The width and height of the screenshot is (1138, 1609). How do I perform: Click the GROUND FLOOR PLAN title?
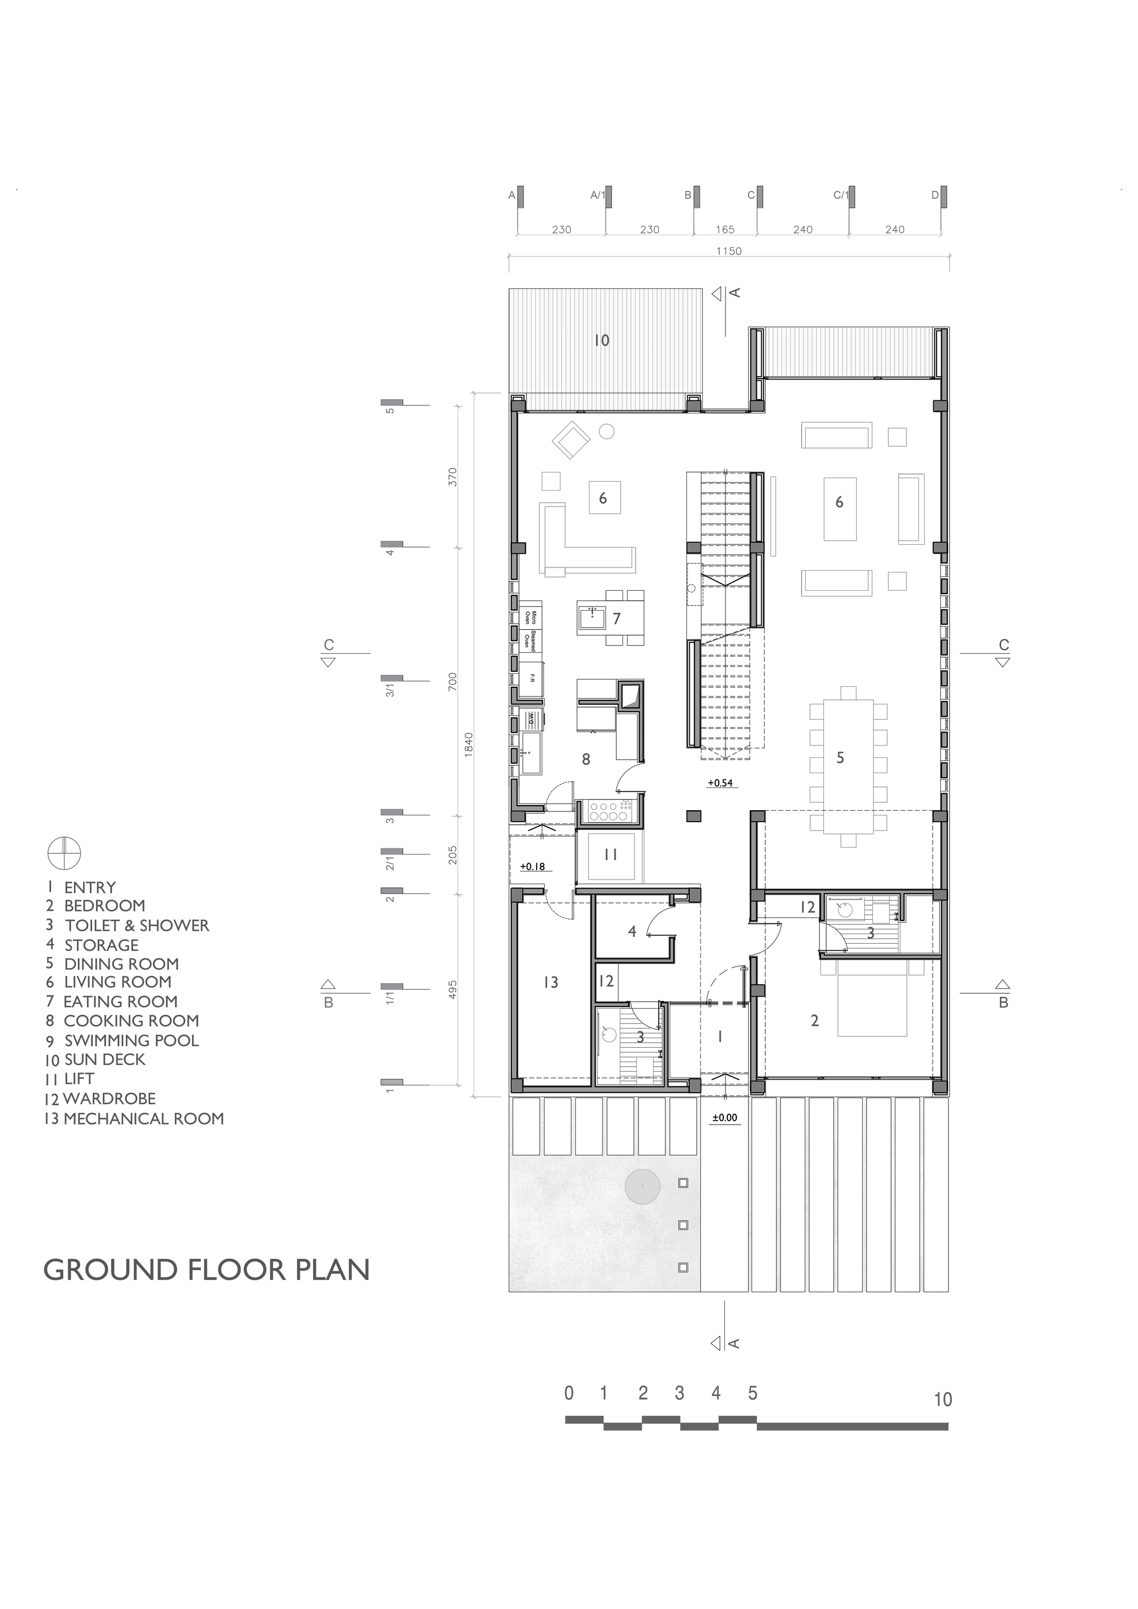(207, 1270)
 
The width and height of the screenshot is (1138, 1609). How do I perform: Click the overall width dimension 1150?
(728, 251)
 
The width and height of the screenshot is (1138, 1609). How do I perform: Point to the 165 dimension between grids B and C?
(725, 229)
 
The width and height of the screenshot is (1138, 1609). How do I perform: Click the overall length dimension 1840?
(469, 744)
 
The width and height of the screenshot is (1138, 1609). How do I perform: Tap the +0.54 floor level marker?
(721, 783)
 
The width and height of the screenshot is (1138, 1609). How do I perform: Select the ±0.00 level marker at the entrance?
(725, 1118)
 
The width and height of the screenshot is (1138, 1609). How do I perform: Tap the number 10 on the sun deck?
(601, 341)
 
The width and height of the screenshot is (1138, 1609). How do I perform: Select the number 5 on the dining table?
(840, 757)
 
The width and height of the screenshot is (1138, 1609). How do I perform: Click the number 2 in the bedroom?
(814, 1021)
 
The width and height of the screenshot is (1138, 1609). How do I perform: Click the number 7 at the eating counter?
(616, 619)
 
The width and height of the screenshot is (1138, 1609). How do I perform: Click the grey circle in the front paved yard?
(642, 1187)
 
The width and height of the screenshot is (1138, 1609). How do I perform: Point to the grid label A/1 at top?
(598, 196)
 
